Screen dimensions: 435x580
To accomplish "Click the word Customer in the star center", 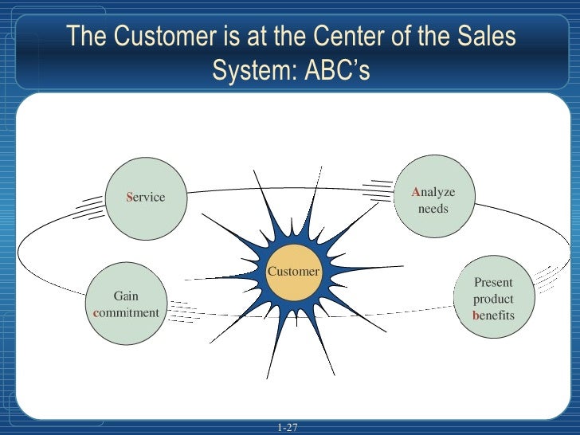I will [x=293, y=272].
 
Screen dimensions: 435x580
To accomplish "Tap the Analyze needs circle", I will [x=433, y=195].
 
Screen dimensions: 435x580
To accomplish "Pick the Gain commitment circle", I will [x=126, y=304].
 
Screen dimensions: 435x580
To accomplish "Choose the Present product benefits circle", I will [x=493, y=296].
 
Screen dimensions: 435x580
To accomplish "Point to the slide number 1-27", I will [x=288, y=428].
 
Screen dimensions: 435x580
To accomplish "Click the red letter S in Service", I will [x=130, y=198].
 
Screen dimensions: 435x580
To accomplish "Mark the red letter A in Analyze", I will [x=416, y=193].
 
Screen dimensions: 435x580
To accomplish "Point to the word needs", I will [x=433, y=210].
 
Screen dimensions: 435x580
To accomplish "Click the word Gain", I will [x=126, y=296].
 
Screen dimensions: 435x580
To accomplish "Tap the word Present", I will [x=493, y=282].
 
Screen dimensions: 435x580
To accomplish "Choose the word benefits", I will [x=493, y=315].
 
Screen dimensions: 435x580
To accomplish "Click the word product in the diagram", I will [x=493, y=299].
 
